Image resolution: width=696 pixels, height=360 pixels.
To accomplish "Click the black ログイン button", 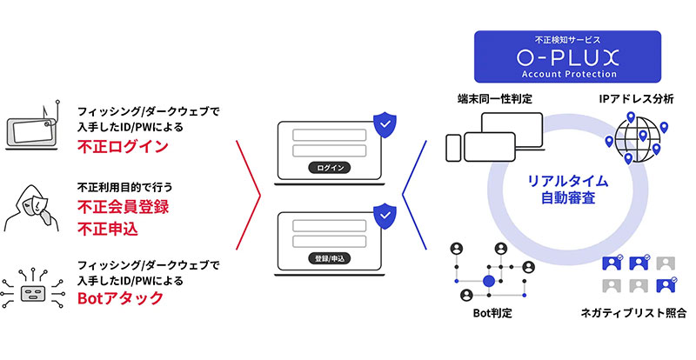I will [330, 167].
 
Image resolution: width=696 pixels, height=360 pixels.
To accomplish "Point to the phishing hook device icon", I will [32, 128].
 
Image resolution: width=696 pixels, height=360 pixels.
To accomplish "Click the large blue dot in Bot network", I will [488, 280].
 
